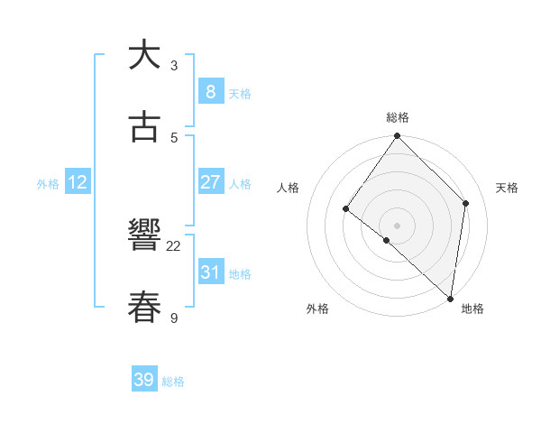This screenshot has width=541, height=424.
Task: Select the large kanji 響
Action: coord(144,236)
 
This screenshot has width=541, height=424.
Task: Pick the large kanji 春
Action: coord(144,307)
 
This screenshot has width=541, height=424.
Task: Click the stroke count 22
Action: coord(174,246)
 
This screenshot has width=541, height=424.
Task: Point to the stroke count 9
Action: coord(174,318)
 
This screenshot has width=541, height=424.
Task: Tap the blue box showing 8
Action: coord(210,91)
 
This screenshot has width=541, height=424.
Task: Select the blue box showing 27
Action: coord(210,182)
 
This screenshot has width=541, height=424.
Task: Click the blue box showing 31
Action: coord(210,272)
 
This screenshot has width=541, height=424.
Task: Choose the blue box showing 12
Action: coord(78,182)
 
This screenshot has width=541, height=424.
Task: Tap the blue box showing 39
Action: coord(144,380)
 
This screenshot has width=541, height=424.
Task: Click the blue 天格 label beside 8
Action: coord(240,93)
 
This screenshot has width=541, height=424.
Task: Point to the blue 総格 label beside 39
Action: coord(174,382)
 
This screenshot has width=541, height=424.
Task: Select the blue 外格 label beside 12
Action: coord(48,184)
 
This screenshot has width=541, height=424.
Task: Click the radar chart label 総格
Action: coord(398,117)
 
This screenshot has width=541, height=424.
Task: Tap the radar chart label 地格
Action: coord(472,309)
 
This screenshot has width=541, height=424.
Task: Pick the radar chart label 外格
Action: coord(317,309)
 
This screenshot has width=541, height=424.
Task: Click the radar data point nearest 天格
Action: coord(466,203)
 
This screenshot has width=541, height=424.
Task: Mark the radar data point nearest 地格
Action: coord(451,298)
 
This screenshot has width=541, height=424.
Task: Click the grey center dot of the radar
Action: coord(397,225)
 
